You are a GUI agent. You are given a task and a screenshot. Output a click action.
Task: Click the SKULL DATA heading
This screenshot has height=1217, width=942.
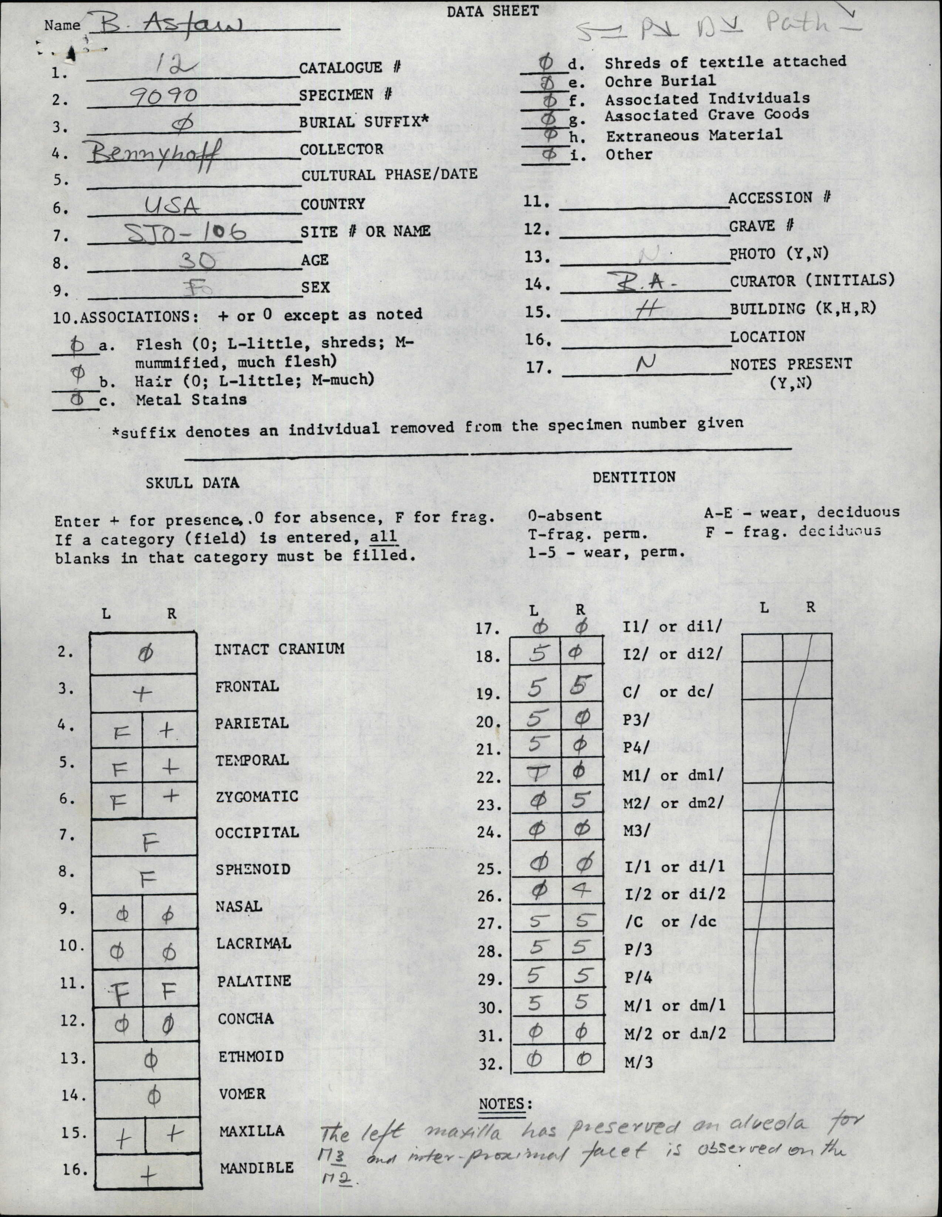point(192,483)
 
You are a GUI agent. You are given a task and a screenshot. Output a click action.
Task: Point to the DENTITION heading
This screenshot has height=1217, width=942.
point(634,477)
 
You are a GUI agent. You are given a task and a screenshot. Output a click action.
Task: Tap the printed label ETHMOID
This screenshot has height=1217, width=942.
point(251,1056)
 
